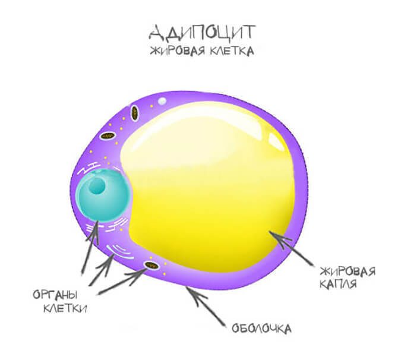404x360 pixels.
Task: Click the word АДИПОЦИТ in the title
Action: point(203,31)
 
